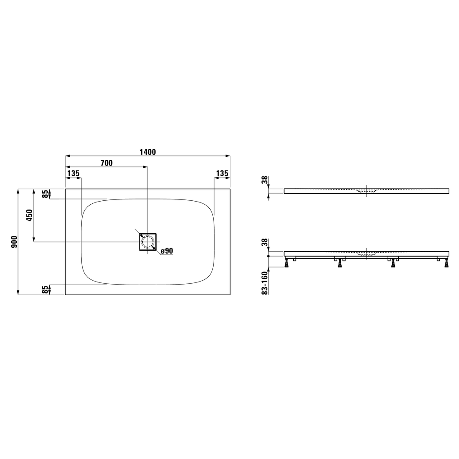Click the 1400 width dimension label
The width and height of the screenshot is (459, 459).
click(x=148, y=152)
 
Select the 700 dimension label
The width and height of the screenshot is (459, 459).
click(x=107, y=163)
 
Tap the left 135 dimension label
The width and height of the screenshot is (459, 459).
click(x=73, y=173)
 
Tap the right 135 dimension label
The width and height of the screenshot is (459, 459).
click(x=222, y=173)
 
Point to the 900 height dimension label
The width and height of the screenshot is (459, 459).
click(x=15, y=242)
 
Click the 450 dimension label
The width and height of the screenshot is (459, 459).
click(x=29, y=215)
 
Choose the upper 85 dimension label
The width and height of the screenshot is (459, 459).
click(x=45, y=194)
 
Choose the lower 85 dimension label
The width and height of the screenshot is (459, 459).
click(x=45, y=290)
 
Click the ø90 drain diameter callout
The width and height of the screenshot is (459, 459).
click(x=167, y=251)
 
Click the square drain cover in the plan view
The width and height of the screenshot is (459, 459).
click(x=148, y=242)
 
